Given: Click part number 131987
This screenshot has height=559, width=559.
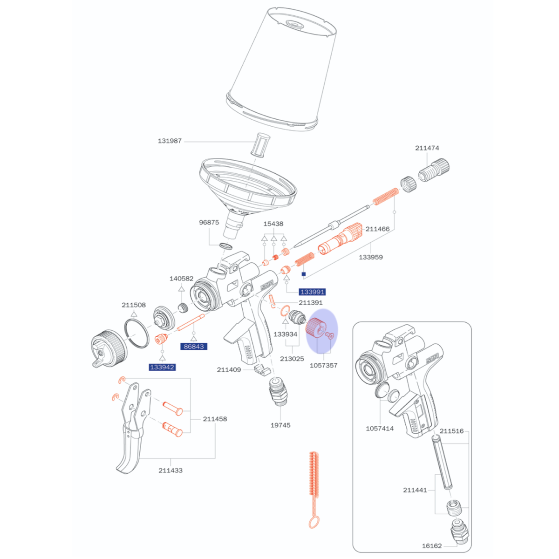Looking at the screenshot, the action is [x=170, y=141].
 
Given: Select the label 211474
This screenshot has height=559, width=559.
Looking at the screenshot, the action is [x=427, y=148].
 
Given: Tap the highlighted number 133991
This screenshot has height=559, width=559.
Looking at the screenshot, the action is [x=312, y=292].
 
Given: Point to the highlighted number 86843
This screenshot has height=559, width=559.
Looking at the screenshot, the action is [x=194, y=347].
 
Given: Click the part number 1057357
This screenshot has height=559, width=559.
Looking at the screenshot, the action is [x=323, y=366].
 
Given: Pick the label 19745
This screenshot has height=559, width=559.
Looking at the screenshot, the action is [x=280, y=425].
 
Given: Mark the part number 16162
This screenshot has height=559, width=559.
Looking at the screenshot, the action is [x=432, y=546].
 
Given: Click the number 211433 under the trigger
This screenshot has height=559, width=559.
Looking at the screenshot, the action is [x=170, y=470].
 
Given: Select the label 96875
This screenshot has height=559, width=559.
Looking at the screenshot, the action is [x=209, y=223].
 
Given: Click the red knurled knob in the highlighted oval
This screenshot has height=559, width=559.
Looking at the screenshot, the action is [x=315, y=329].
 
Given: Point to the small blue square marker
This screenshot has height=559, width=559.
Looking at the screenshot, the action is [x=304, y=274].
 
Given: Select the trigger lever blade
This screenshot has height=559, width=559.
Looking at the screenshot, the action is [x=130, y=449].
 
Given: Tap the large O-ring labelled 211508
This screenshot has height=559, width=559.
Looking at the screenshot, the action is [x=136, y=333].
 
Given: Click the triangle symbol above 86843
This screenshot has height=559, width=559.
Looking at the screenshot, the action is [x=194, y=338].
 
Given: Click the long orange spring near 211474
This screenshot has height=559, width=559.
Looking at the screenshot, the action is [x=385, y=197].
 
